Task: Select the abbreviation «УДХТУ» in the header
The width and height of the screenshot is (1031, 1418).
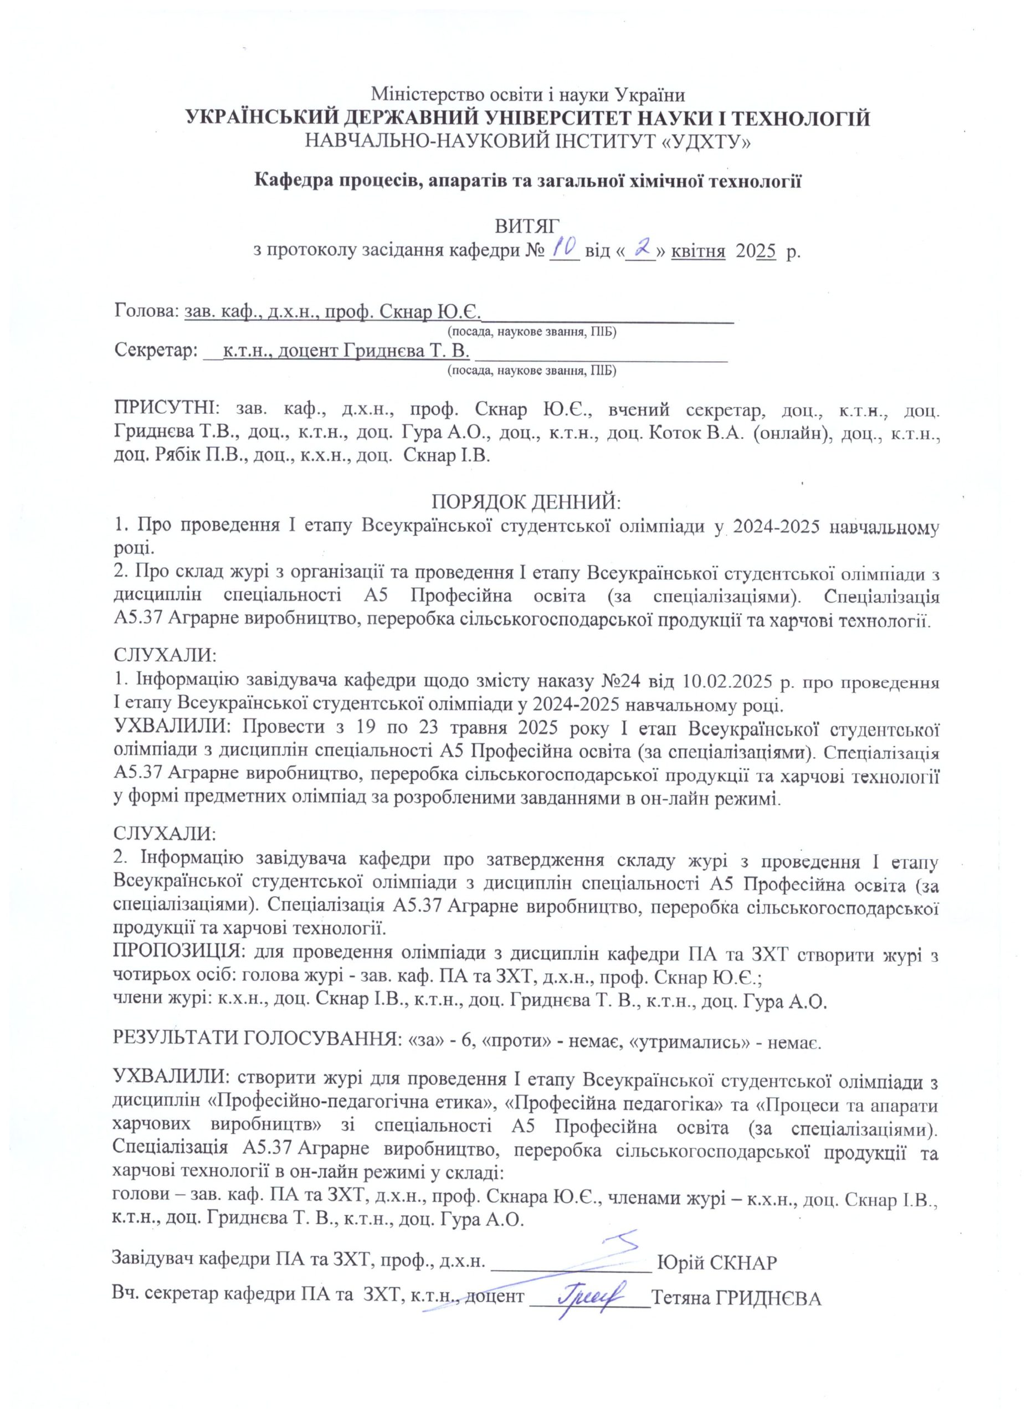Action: click(705, 143)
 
